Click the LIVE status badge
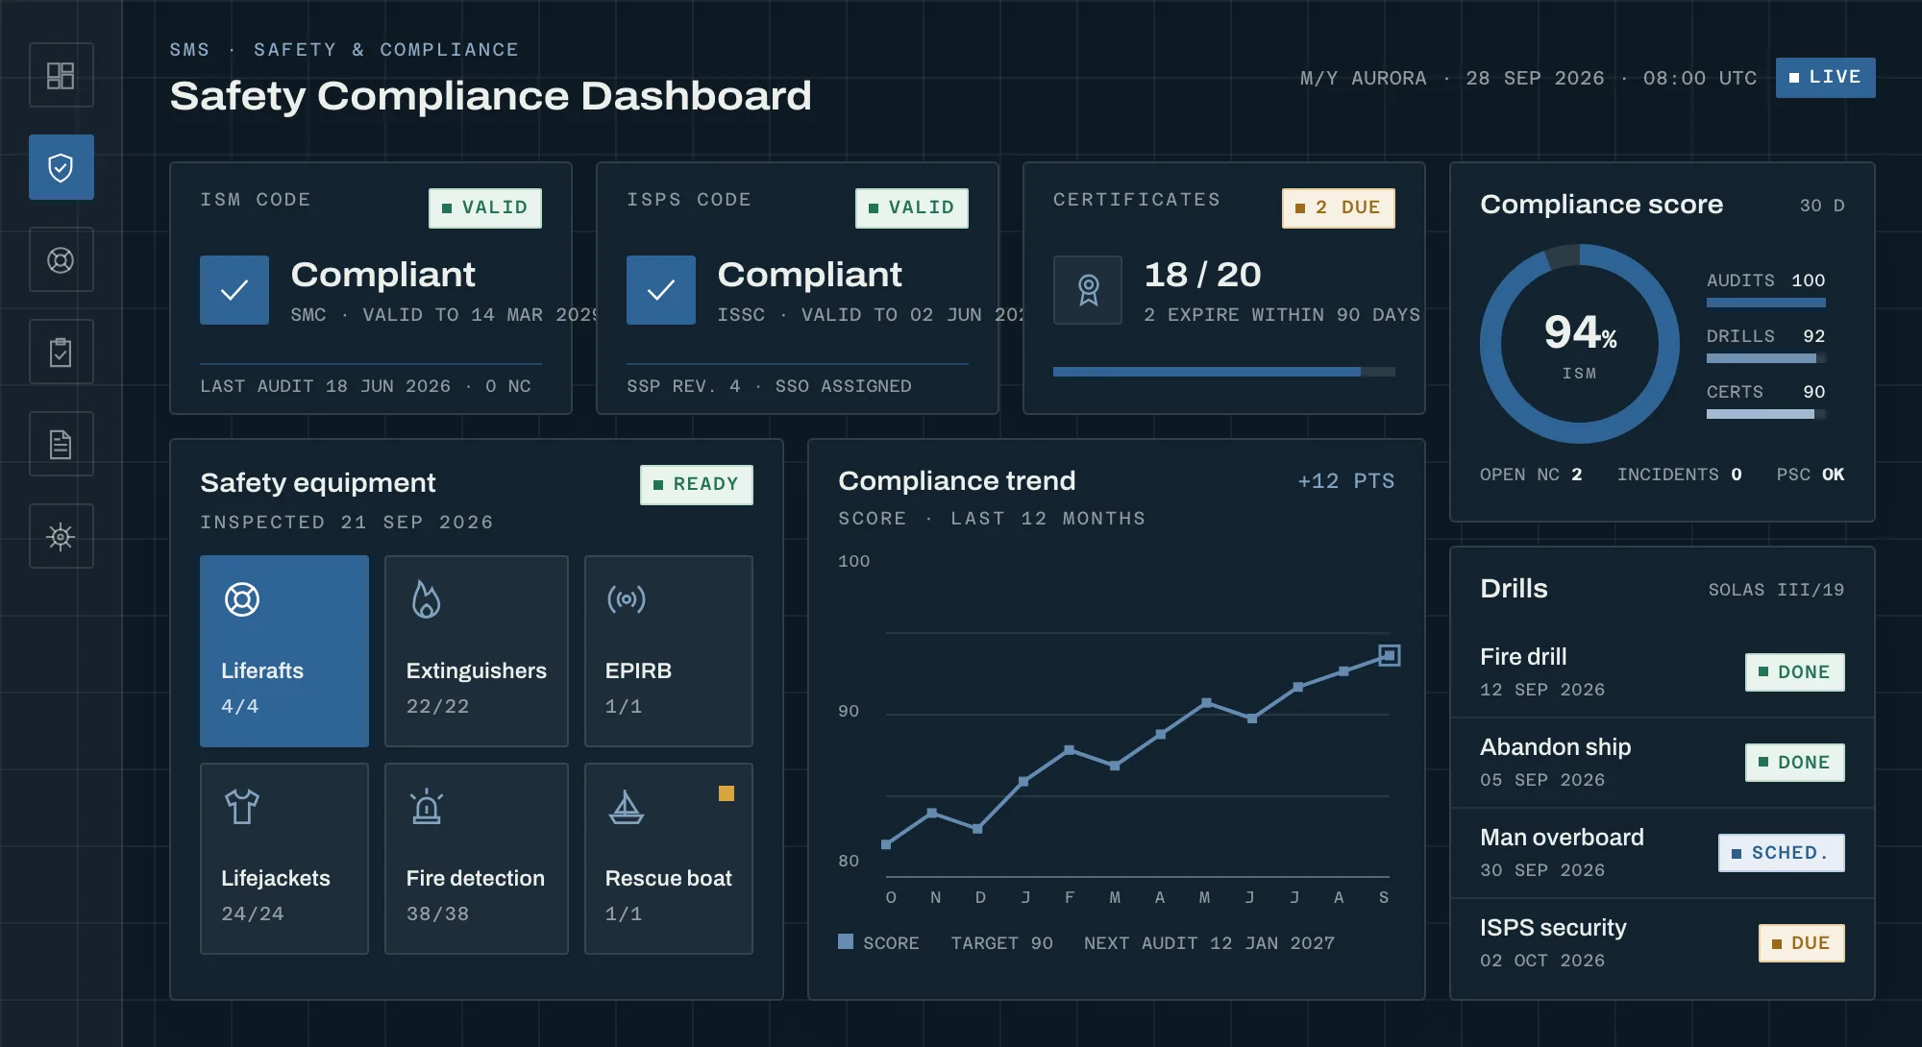tap(1825, 78)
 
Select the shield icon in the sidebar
tap(61, 168)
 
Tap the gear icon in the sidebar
tap(61, 536)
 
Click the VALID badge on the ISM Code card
tap(485, 207)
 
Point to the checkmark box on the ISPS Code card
tap(661, 290)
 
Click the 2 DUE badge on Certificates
tap(1338, 207)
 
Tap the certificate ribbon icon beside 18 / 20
tap(1088, 290)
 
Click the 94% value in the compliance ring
tap(1580, 332)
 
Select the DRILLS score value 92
tap(1813, 336)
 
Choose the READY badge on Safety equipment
tap(697, 484)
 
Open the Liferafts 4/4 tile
tap(284, 651)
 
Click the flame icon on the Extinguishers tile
tap(426, 599)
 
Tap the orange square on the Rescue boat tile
tap(727, 793)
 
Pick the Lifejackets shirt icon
tap(242, 807)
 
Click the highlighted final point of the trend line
tap(1389, 655)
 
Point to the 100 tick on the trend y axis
tap(853, 561)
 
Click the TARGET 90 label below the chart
tap(1001, 943)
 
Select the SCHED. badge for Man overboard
tap(1782, 853)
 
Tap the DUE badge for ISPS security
tap(1802, 943)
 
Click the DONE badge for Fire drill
tap(1795, 672)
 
